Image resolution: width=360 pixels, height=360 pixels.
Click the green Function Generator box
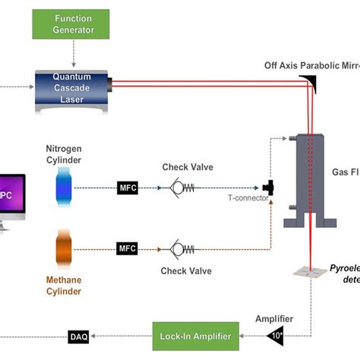click(x=74, y=24)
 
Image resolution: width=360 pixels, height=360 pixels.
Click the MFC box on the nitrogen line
click(x=128, y=186)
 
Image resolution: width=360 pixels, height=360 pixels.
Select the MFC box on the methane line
click(x=128, y=248)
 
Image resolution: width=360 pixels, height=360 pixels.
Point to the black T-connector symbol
click(x=267, y=187)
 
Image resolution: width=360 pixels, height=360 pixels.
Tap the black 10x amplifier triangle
click(x=277, y=334)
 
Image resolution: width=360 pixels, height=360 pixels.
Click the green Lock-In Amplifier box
click(x=197, y=335)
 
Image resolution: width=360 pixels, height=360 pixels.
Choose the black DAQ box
click(x=79, y=335)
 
